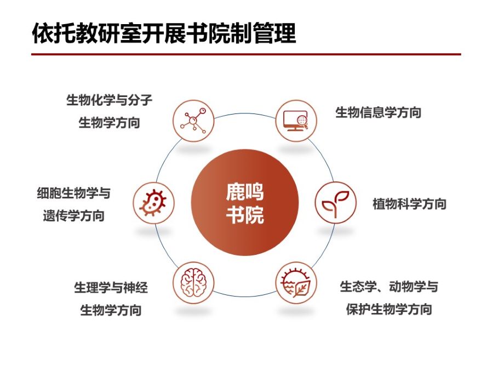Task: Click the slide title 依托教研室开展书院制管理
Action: tap(164, 33)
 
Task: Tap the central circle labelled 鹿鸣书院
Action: tap(245, 202)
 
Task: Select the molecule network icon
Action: tap(193, 121)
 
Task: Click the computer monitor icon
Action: tap(296, 121)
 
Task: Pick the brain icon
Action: tap(193, 282)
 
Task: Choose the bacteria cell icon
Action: tap(153, 203)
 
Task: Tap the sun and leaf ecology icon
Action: tap(296, 282)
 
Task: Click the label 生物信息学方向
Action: tap(378, 112)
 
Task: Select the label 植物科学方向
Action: tap(409, 204)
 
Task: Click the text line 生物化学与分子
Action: tap(109, 100)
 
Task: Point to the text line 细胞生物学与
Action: tap(74, 193)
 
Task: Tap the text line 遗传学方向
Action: tap(74, 216)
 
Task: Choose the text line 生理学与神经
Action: tap(111, 288)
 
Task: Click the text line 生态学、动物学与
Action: tap(389, 287)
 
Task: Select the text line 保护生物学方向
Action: tap(389, 309)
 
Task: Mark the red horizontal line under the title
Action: tap(246, 54)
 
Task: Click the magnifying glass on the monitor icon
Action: tap(303, 122)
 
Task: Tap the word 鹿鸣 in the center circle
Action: tap(245, 192)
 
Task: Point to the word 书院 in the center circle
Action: tap(245, 215)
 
